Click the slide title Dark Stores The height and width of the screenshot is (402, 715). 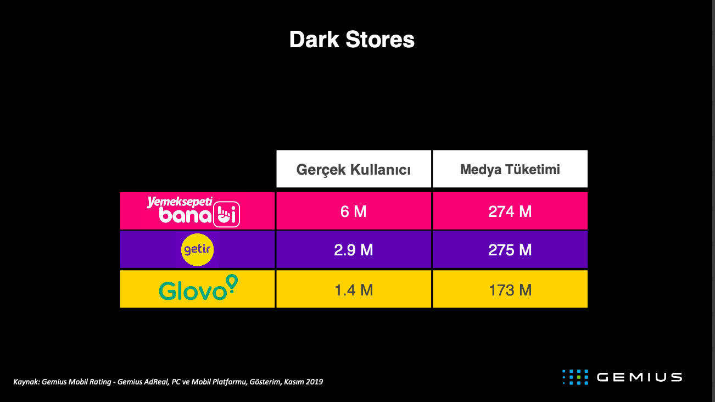tap(352, 40)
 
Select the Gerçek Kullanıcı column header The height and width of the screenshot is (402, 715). tap(354, 169)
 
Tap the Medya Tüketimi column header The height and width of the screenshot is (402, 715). tap(510, 169)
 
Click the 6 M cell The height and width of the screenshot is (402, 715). tap(354, 211)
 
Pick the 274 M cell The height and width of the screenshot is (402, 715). tap(510, 211)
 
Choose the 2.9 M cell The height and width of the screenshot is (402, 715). tap(354, 249)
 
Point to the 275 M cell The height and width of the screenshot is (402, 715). tap(510, 249)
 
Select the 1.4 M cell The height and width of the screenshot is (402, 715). tap(354, 289)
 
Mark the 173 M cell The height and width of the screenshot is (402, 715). tap(510, 289)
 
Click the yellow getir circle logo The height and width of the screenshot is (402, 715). tap(197, 250)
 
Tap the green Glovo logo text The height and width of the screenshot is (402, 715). tap(193, 291)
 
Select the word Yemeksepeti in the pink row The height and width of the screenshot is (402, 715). tap(180, 202)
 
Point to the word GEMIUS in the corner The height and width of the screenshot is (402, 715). tap(639, 377)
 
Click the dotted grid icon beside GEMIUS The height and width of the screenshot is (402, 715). tap(575, 377)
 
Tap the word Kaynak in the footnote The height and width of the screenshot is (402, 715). tap(26, 382)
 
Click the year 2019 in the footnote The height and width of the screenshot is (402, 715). tap(314, 382)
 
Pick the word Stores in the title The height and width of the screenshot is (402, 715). tap(380, 40)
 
